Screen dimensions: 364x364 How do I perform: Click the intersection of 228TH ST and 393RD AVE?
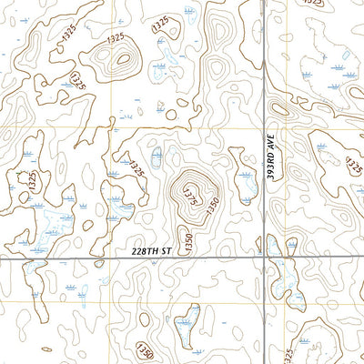point(266,258)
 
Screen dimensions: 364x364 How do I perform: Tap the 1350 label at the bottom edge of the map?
point(146,350)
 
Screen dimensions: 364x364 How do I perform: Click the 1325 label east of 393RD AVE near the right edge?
point(354,166)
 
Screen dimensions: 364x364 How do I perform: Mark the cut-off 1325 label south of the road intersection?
point(289,354)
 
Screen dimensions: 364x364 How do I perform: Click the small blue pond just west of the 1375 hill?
point(156,157)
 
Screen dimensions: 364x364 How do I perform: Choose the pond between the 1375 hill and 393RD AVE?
point(244,177)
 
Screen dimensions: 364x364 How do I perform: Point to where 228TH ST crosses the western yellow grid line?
point(116,258)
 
